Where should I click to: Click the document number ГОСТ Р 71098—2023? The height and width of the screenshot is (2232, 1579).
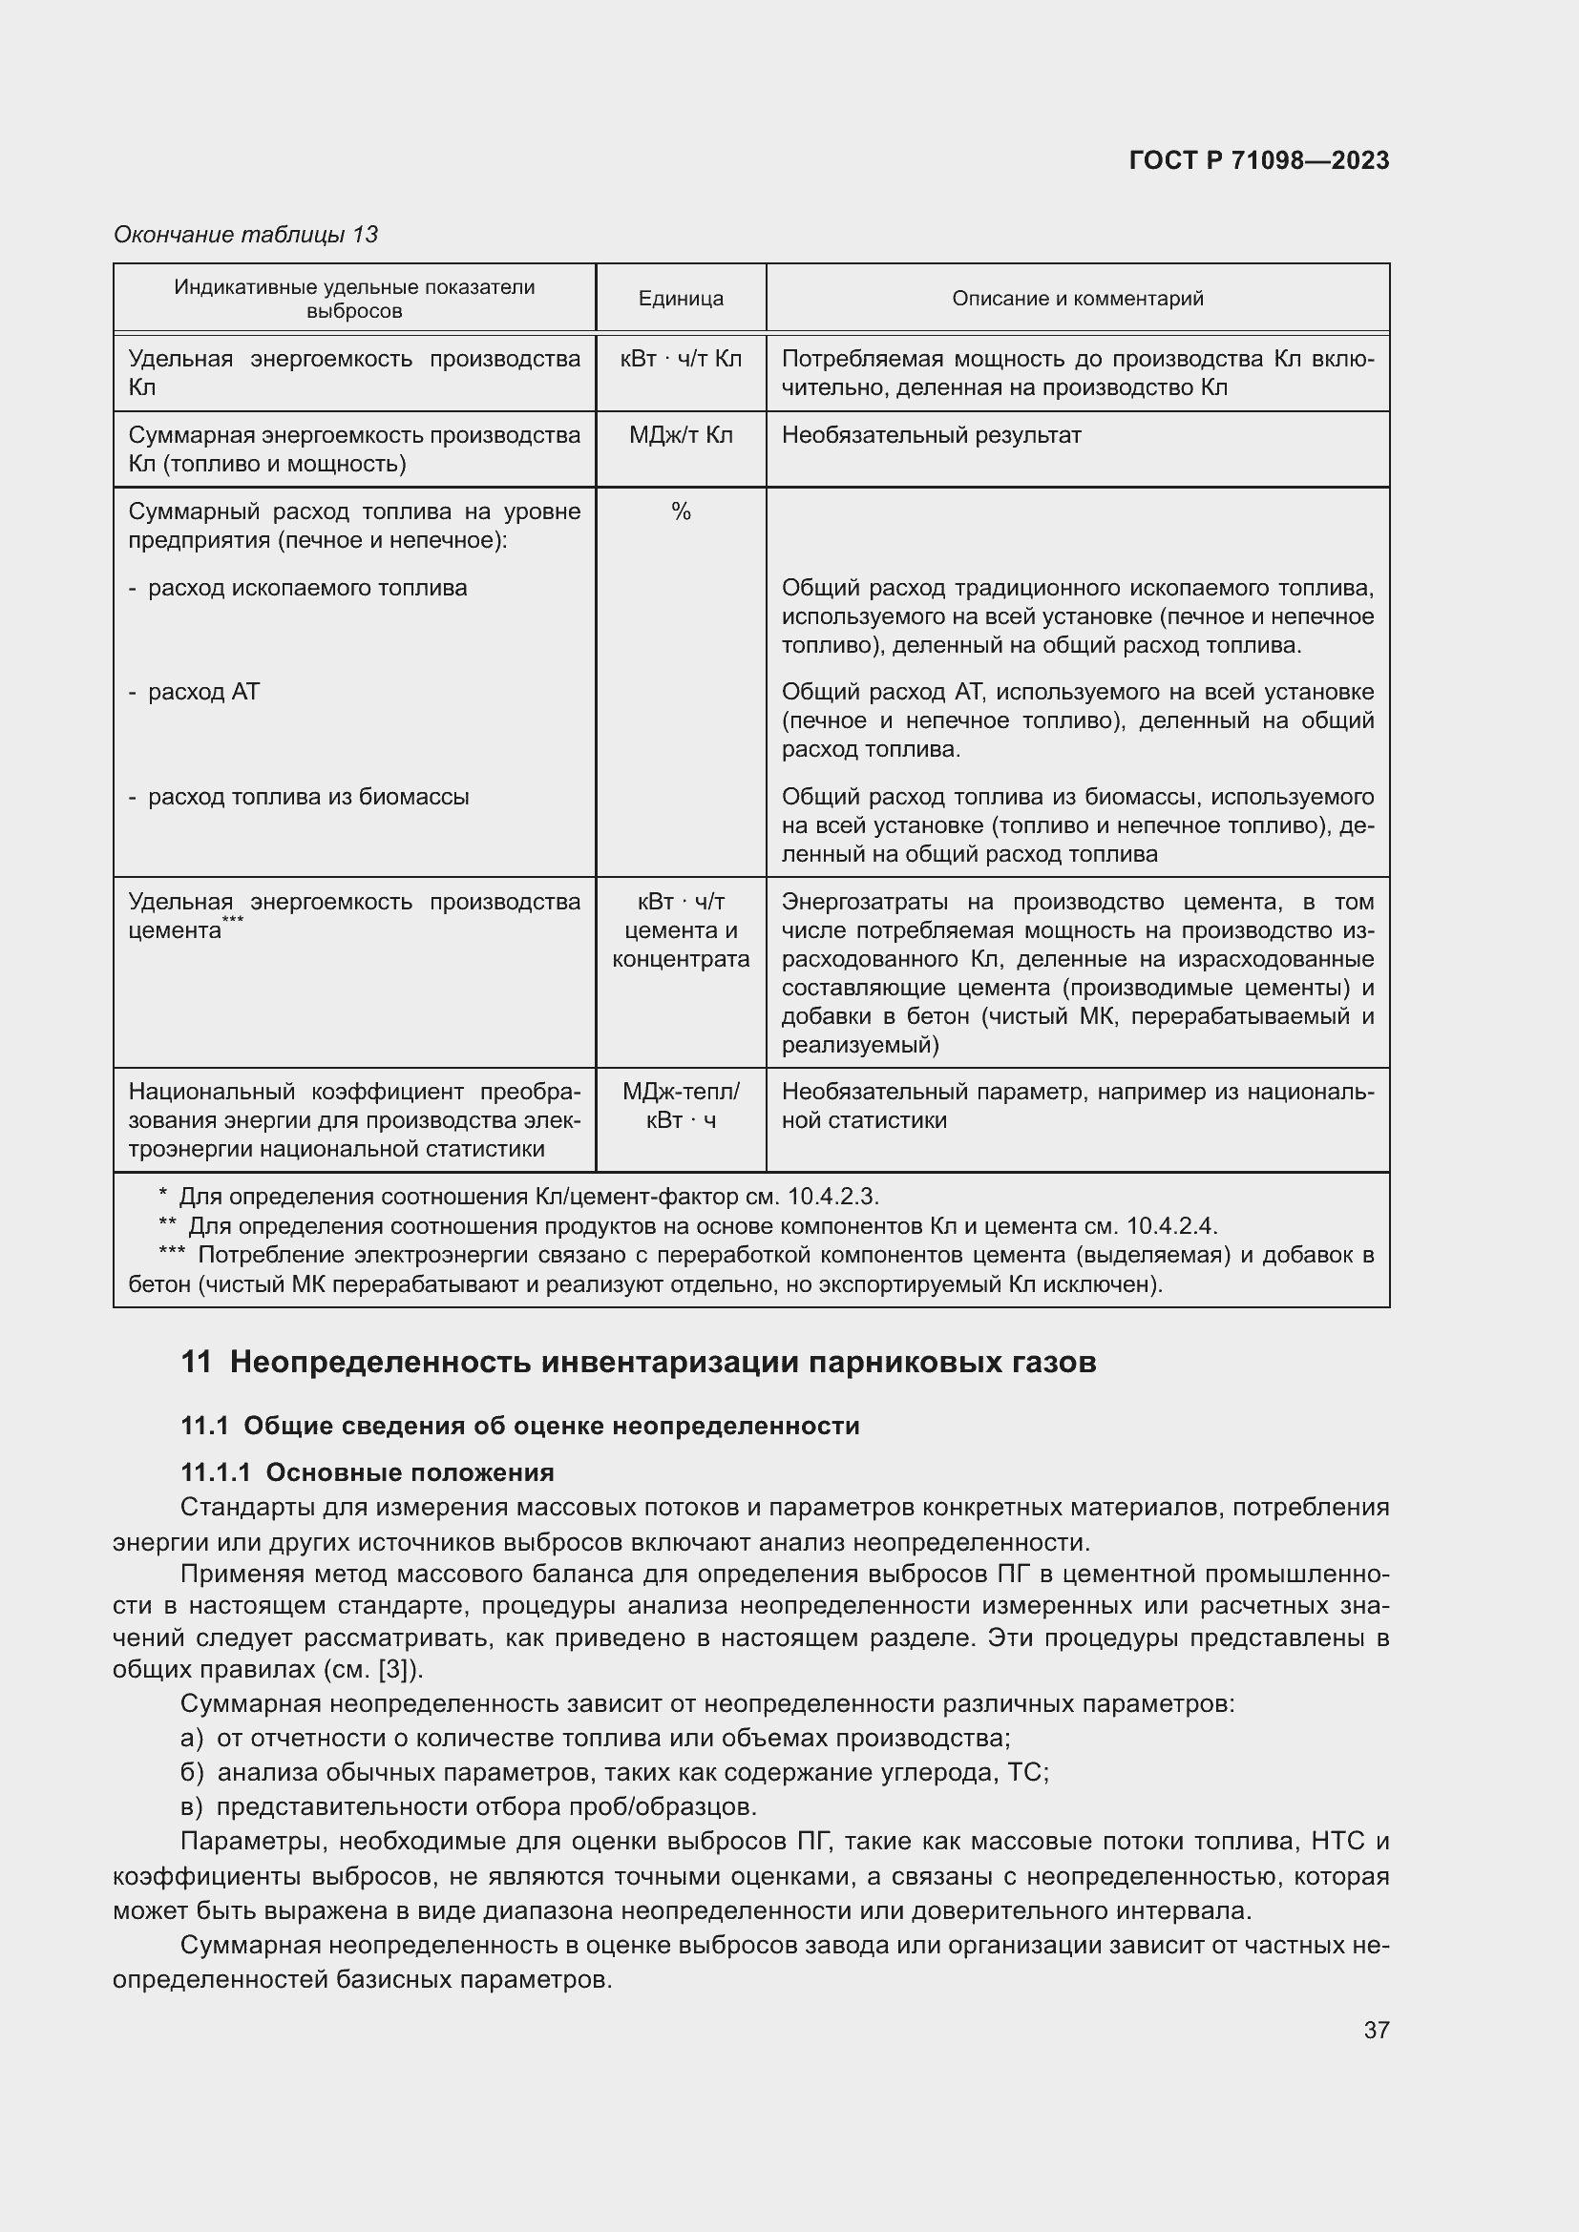[1259, 160]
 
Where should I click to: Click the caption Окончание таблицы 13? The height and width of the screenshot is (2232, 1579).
[246, 235]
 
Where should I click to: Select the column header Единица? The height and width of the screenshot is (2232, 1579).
[681, 299]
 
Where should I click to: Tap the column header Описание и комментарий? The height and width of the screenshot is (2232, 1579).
[1077, 299]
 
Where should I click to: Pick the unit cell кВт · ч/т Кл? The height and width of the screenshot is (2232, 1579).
[681, 359]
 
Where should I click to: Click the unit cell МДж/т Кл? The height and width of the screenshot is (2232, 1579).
[681, 434]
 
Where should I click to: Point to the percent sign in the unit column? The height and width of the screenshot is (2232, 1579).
[681, 511]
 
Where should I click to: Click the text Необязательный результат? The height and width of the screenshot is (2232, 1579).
[931, 434]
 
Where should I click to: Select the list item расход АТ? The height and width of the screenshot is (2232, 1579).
[203, 692]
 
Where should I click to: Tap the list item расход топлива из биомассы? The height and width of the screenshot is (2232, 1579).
[308, 797]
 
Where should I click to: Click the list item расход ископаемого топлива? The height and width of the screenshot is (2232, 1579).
[307, 588]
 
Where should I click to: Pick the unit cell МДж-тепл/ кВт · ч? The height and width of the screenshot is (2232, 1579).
[681, 1106]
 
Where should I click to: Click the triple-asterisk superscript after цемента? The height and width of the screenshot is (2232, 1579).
[233, 921]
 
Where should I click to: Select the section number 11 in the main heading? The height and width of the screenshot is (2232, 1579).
[196, 1362]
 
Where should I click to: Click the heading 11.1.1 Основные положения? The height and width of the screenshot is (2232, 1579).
[368, 1471]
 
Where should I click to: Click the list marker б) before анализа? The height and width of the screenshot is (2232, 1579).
[192, 1772]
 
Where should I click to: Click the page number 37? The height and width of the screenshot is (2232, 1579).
[1376, 2030]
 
